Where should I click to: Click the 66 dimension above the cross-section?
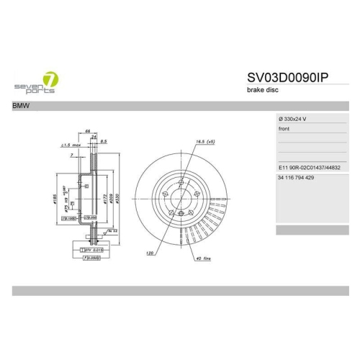pyautogui.click(x=87, y=132)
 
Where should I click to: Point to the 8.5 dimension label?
pyautogui.click(x=104, y=141)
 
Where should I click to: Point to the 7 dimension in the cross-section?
pyautogui.click(x=73, y=156)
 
